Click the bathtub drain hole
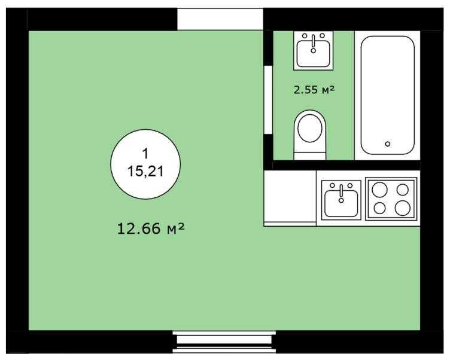[388, 144]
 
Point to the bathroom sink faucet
[313, 40]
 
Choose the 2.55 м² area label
[313, 90]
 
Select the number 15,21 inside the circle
[145, 172]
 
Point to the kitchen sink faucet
[341, 190]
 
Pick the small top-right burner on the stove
[403, 190]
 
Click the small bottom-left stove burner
[379, 209]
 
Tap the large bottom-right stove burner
[403, 208]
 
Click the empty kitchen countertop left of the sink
[290, 197]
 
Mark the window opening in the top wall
[220, 19]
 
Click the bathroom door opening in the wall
[268, 99]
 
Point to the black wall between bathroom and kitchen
[344, 165]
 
